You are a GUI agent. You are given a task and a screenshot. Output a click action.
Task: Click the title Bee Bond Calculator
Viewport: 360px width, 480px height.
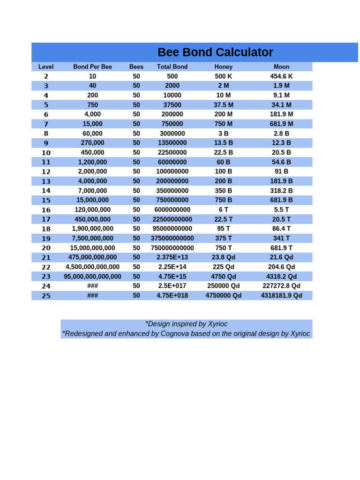215,52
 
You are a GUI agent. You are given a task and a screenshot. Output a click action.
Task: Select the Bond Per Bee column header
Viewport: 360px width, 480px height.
92,67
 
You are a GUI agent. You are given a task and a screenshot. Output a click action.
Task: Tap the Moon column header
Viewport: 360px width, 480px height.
281,67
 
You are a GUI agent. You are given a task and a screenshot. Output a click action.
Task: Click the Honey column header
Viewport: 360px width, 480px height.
223,67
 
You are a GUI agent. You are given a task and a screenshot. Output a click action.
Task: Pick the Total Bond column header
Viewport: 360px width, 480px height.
172,67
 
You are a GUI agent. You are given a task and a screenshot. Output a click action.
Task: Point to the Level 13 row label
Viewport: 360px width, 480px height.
46,181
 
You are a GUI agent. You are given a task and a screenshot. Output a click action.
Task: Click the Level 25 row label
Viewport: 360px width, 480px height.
46,296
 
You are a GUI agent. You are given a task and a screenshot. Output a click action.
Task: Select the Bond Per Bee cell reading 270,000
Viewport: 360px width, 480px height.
92,143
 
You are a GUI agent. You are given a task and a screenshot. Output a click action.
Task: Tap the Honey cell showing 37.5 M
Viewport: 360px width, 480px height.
223,105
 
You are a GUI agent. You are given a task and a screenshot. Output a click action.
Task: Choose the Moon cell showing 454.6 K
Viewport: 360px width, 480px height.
281,76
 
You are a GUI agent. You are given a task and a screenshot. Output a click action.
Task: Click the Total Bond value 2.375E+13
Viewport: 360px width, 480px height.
172,257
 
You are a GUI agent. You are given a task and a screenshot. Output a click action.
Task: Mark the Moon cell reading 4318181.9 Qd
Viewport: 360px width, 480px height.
281,296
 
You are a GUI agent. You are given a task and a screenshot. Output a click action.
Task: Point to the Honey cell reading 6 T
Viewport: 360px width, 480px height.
223,210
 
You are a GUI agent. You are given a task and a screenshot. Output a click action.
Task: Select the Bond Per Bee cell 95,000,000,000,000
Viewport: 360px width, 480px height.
92,277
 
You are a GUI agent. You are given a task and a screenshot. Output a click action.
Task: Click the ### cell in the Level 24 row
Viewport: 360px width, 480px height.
92,286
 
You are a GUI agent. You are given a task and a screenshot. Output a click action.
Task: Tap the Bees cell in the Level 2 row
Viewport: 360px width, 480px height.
136,76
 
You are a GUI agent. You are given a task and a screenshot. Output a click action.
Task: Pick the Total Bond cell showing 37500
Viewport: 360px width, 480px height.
172,105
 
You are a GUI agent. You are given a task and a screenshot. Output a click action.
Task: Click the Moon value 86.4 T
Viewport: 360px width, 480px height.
281,229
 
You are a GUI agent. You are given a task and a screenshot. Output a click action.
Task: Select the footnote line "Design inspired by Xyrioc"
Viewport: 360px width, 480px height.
186,324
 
